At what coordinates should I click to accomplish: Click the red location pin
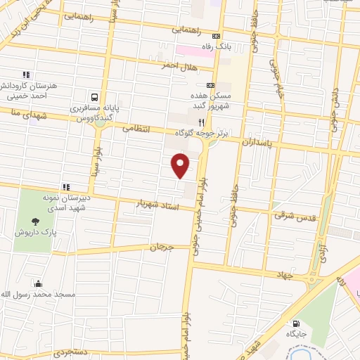click(x=181, y=166)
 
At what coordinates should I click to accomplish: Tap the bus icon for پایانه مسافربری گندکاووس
click(x=94, y=98)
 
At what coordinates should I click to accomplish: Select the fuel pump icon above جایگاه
click(x=294, y=324)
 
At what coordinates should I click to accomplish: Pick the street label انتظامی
click(x=136, y=129)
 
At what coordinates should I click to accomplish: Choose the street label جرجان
click(x=160, y=247)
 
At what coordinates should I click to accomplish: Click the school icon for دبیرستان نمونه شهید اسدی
click(x=66, y=187)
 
